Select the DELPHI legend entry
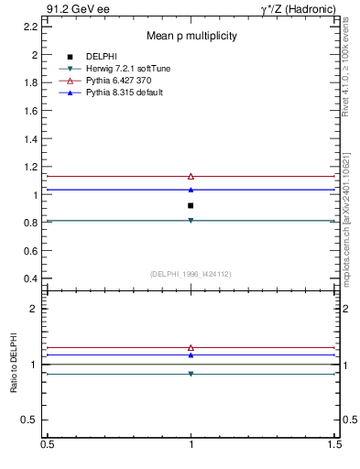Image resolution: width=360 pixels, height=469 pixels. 101,57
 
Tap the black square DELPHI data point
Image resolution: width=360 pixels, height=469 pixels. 191,205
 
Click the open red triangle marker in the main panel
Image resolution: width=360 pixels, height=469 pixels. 191,176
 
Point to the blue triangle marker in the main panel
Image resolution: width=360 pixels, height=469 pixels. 191,190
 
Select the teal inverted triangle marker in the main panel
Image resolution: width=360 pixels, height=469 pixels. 191,221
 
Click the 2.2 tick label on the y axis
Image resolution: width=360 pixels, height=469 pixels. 30,27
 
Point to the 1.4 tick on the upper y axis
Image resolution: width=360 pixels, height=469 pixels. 30,138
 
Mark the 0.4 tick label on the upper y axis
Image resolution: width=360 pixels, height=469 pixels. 30,278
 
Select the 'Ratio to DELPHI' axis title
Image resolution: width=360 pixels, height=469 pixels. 14,365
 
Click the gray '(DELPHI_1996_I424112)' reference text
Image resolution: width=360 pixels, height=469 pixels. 191,273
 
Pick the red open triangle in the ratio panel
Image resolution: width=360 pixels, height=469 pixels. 191,348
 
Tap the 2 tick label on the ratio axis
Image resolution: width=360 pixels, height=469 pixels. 33,309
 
